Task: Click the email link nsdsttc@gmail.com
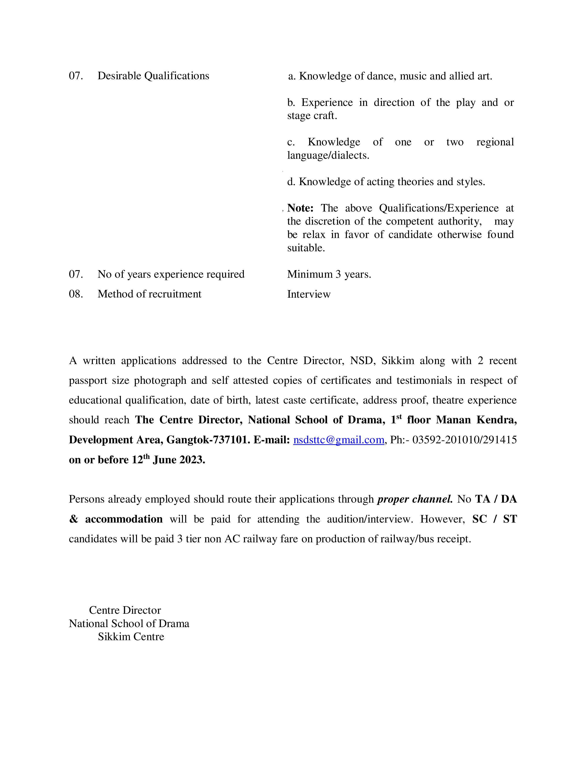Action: coord(339,440)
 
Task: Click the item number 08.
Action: coord(76,294)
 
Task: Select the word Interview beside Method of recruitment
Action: coord(309,294)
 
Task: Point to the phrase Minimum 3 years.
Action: coord(329,274)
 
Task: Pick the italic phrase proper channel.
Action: coord(415,499)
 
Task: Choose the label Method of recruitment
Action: coord(149,294)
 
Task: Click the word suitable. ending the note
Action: coord(306,248)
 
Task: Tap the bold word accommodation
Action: coord(124,519)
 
